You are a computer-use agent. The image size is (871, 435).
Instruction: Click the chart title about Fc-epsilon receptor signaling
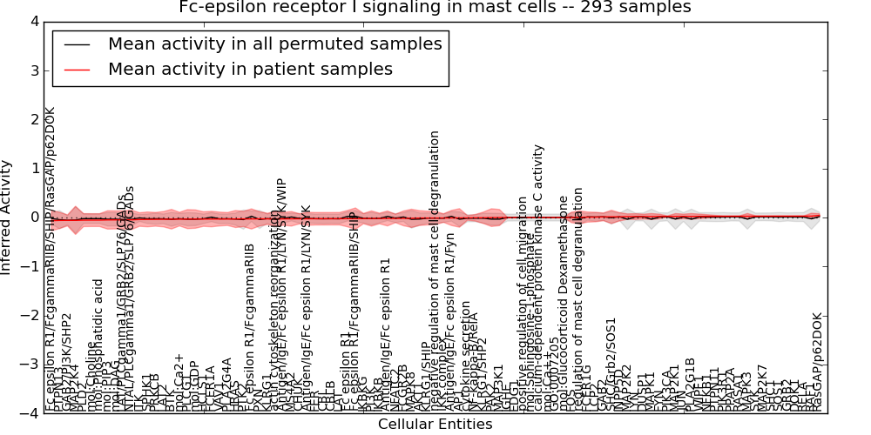click(435, 8)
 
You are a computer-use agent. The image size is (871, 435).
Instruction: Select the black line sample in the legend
click(77, 43)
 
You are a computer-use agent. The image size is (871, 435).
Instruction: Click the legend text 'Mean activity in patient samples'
click(250, 69)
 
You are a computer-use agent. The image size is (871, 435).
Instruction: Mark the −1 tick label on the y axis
click(30, 266)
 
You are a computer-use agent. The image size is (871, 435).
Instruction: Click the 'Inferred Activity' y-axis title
click(8, 217)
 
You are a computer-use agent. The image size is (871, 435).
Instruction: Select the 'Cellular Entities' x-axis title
click(435, 425)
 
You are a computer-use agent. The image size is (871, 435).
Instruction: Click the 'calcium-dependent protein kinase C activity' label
click(540, 278)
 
